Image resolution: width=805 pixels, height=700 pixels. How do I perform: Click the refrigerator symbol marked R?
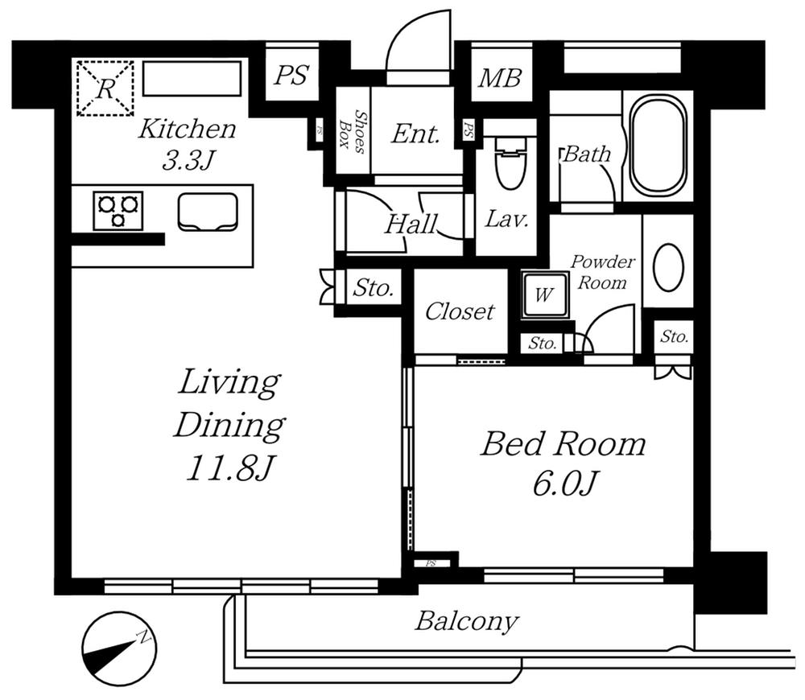[105, 88]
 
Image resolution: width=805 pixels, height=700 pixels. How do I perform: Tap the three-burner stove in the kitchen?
[118, 210]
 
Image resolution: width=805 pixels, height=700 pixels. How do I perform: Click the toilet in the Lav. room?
[510, 166]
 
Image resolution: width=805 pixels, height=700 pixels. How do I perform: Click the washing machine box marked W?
[544, 294]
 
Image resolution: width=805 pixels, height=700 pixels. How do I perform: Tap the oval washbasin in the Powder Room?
[668, 268]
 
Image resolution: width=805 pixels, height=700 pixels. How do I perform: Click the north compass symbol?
[119, 649]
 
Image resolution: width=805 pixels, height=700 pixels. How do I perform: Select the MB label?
[500, 78]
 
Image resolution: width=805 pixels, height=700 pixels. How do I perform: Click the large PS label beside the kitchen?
[290, 76]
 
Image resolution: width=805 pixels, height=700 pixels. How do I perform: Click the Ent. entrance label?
[415, 134]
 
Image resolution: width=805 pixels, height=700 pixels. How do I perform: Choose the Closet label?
[460, 311]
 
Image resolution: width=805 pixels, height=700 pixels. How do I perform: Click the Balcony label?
[466, 621]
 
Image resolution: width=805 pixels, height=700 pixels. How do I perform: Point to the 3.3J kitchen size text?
[187, 160]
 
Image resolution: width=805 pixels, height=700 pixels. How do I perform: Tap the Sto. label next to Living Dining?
[373, 288]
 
